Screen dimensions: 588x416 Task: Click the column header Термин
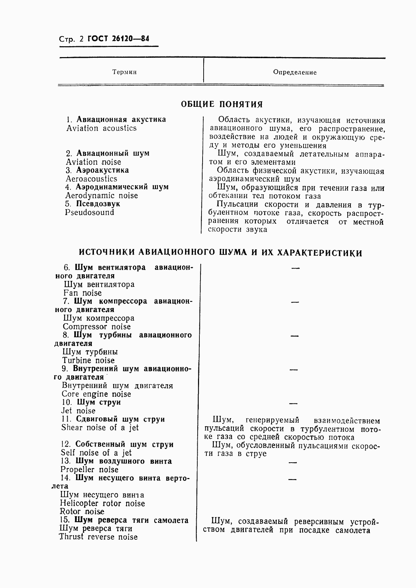(124, 72)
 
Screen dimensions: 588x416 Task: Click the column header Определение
(295, 72)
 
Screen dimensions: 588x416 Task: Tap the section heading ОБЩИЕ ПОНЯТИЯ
(221, 104)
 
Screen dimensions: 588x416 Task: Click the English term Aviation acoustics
(102, 128)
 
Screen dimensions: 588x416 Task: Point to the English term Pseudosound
(90, 212)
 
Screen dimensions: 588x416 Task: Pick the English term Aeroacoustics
(91, 179)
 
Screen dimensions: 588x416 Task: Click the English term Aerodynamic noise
(102, 195)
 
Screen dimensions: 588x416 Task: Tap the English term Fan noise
(83, 293)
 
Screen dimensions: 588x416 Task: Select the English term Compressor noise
(97, 326)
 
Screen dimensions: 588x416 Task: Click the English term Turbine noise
(89, 360)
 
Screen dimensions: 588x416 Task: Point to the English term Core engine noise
(96, 394)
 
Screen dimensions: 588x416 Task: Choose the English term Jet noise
(78, 410)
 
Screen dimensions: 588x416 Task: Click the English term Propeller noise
(89, 469)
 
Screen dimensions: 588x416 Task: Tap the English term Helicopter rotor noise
(102, 503)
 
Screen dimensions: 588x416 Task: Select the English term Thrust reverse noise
(98, 537)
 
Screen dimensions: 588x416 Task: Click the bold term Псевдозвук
(98, 204)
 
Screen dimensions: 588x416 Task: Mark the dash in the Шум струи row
(293, 403)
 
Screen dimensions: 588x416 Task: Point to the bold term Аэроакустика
(102, 170)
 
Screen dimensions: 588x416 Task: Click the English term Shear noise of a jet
(100, 427)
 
